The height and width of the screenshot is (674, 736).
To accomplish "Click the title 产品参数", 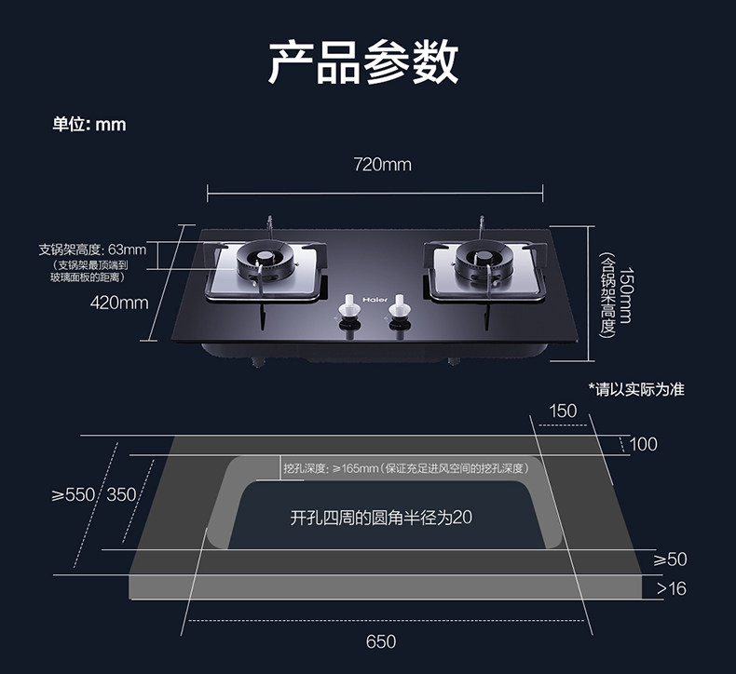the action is [x=363, y=62].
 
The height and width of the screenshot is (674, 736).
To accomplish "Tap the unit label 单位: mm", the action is [x=89, y=124].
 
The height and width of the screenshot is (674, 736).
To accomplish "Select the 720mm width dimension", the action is [x=382, y=165].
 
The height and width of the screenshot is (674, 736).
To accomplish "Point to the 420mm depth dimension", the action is [x=119, y=302].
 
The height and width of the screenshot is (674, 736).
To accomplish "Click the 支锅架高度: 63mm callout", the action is [x=92, y=249].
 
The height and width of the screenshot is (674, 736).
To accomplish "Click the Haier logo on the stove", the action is [x=375, y=300].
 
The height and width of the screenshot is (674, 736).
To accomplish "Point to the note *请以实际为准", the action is [x=636, y=389].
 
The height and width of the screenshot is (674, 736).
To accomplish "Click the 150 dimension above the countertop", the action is [x=563, y=411].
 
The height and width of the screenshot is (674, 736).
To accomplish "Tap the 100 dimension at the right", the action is [x=643, y=444].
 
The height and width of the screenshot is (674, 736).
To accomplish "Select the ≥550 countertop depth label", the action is [x=74, y=494].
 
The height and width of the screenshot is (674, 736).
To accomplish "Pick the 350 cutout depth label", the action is [x=121, y=494].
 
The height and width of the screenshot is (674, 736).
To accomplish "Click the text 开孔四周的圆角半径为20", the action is [x=381, y=518].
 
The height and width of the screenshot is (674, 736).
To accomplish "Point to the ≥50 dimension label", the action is [x=670, y=559].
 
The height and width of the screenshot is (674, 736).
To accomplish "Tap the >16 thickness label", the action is [x=671, y=588].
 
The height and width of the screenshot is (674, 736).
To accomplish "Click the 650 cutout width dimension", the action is [x=381, y=641].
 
